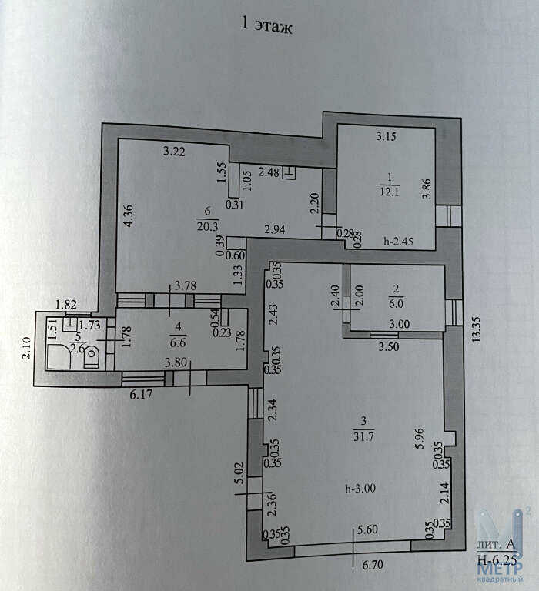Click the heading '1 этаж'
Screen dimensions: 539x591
266,25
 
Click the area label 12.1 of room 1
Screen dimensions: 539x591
390,192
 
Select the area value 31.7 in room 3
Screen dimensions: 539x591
363,436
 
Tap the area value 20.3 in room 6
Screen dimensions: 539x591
207,226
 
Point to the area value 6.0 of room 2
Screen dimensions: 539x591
396,303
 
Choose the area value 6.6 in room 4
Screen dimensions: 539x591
178,342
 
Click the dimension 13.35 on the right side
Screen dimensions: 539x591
477,329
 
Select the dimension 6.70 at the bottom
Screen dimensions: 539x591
373,565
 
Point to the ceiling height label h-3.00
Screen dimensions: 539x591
360,488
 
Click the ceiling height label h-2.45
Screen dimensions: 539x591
398,241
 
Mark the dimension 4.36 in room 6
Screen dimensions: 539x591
129,215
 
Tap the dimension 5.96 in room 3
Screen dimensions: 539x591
419,438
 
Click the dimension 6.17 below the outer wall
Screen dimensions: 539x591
141,394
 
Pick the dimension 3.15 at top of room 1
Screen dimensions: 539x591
386,135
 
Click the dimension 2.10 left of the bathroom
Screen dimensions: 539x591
27,347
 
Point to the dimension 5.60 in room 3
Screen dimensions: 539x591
367,529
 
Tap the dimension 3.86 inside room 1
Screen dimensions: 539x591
427,189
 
